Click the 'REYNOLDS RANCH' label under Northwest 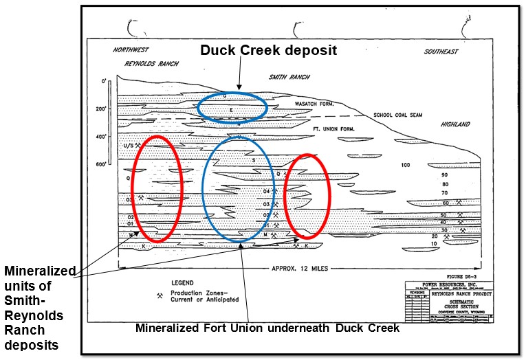pos(151,64)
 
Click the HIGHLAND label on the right pos(455,124)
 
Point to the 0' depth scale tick pos(104,82)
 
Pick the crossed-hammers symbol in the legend pos(160,296)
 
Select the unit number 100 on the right pos(405,165)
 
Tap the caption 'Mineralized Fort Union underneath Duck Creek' pos(267,328)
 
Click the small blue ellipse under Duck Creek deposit pos(232,106)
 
